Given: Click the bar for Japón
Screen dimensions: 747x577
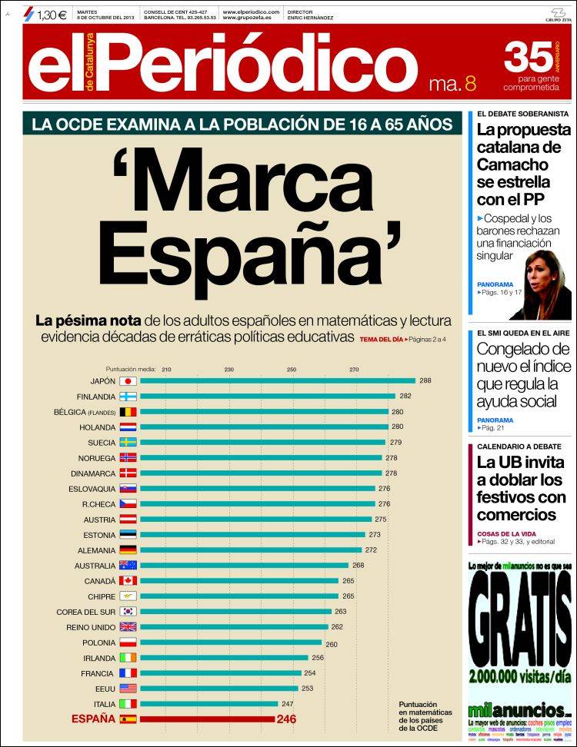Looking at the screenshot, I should pos(277,380).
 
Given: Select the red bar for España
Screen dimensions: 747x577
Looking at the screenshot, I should pos(207,719).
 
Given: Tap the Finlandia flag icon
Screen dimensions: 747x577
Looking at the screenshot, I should pos(128,397).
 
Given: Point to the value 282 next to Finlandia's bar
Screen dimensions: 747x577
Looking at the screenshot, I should pos(405,397).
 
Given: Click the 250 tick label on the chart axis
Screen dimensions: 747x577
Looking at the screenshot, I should pos(292,370).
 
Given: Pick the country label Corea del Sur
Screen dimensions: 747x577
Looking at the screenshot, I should pos(85,612).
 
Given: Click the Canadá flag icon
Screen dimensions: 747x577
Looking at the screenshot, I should pos(128,581).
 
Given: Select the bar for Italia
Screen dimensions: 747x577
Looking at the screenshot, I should pos(208,703).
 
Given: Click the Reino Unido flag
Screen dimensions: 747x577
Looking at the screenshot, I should pos(128,627).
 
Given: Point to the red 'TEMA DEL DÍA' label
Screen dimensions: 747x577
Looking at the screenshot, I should pos(381,339).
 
